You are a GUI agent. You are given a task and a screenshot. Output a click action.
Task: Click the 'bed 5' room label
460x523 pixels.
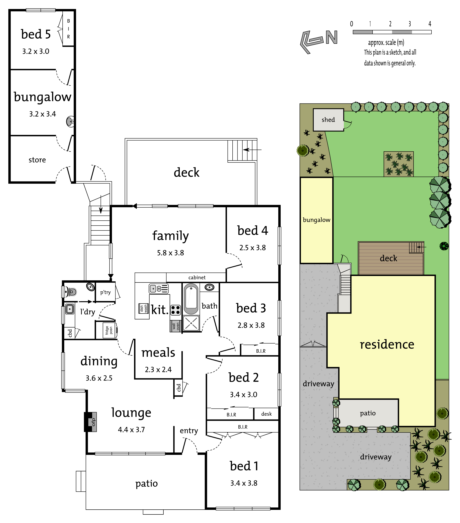pos(36,34)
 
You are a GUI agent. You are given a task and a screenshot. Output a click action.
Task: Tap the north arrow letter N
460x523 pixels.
pos(332,37)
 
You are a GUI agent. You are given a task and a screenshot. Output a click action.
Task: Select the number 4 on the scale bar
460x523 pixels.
pos(430,24)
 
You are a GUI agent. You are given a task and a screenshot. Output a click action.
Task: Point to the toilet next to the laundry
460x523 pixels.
pos(70,291)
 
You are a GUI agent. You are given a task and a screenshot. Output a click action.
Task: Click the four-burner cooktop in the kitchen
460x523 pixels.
pos(176,310)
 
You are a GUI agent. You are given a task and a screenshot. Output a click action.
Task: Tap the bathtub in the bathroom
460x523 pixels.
pos(191,299)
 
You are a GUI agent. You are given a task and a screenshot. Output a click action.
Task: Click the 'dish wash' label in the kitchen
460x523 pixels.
pos(144,309)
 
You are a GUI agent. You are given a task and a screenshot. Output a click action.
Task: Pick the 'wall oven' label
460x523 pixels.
pos(176,326)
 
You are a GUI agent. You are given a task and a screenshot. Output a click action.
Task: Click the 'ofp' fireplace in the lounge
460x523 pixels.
pos(91,422)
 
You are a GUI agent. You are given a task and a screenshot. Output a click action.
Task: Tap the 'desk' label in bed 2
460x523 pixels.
pos(266,414)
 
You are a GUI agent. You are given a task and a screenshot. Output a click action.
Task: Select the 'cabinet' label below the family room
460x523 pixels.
pos(197,277)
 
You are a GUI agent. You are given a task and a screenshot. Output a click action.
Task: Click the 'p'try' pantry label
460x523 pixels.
pos(106,292)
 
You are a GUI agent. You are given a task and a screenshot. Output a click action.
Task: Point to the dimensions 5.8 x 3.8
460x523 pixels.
pos(170,253)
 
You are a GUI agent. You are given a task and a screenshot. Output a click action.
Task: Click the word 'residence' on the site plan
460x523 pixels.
pos(387,344)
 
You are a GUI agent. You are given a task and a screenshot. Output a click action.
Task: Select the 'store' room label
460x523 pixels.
pos(37,160)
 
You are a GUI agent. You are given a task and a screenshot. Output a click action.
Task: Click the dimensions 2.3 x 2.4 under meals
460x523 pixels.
pos(158,370)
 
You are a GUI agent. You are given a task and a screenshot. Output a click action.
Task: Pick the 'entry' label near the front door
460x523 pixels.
pos(189,430)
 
